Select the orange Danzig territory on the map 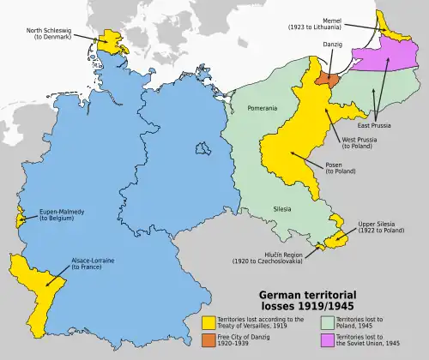tap(327, 77)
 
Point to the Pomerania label tap(262, 109)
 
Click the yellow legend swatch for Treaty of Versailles tap(208, 323)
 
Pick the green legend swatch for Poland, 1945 tap(326, 323)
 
